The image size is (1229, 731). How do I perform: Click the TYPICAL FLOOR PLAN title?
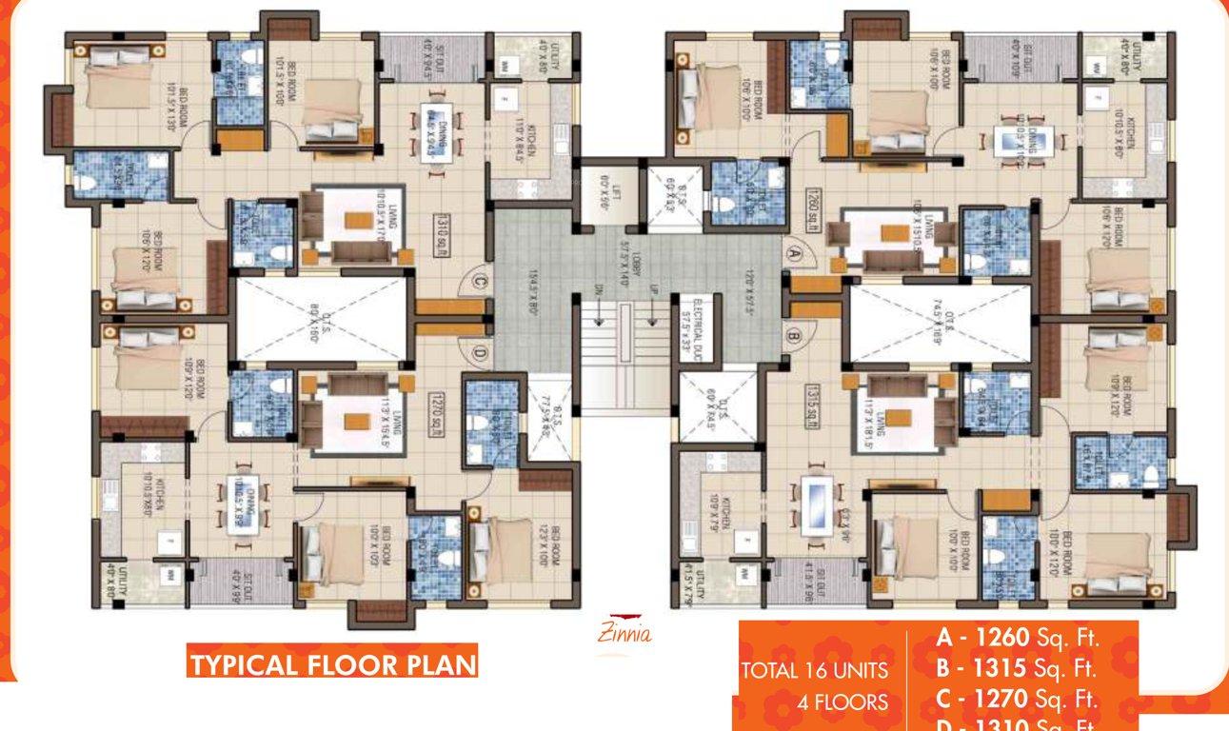point(332,664)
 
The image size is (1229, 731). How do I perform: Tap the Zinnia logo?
point(624,631)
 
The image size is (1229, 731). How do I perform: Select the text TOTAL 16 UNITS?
point(814,671)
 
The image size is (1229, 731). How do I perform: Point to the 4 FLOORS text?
point(842,703)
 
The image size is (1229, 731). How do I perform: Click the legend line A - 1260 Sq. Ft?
point(1018,637)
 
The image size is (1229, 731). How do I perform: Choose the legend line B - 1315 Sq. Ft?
point(1018,668)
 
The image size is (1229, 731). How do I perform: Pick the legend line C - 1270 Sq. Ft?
point(1018,701)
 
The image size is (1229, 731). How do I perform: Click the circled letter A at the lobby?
point(793,253)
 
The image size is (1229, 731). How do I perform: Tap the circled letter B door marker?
point(793,335)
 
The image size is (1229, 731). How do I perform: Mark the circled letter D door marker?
point(481,354)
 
